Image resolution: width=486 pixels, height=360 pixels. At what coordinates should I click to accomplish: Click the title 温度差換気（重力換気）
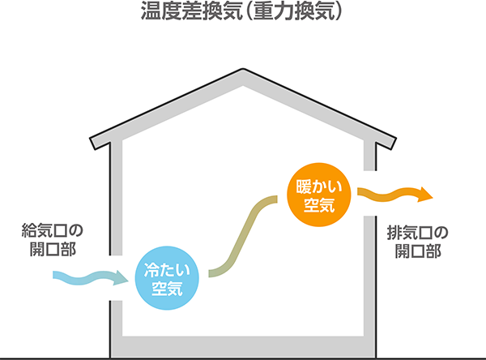coord(243,13)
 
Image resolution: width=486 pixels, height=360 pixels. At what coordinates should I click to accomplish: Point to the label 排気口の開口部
coord(418,242)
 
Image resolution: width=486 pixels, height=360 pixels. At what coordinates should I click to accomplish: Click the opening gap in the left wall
coord(115,278)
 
